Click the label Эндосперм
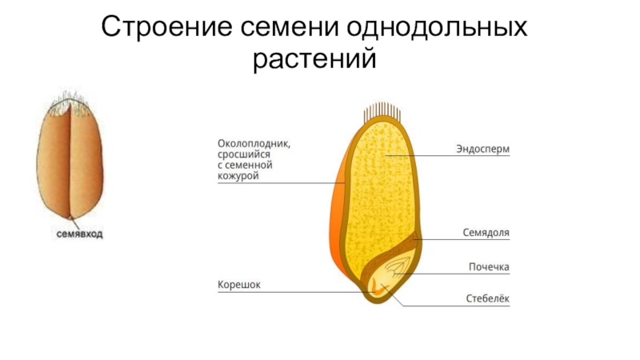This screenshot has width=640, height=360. (483, 150)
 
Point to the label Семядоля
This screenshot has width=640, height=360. (486, 233)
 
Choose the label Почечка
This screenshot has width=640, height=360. (489, 266)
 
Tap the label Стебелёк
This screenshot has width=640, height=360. (488, 300)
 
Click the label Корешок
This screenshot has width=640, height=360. (240, 284)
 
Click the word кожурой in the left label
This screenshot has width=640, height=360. (238, 175)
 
